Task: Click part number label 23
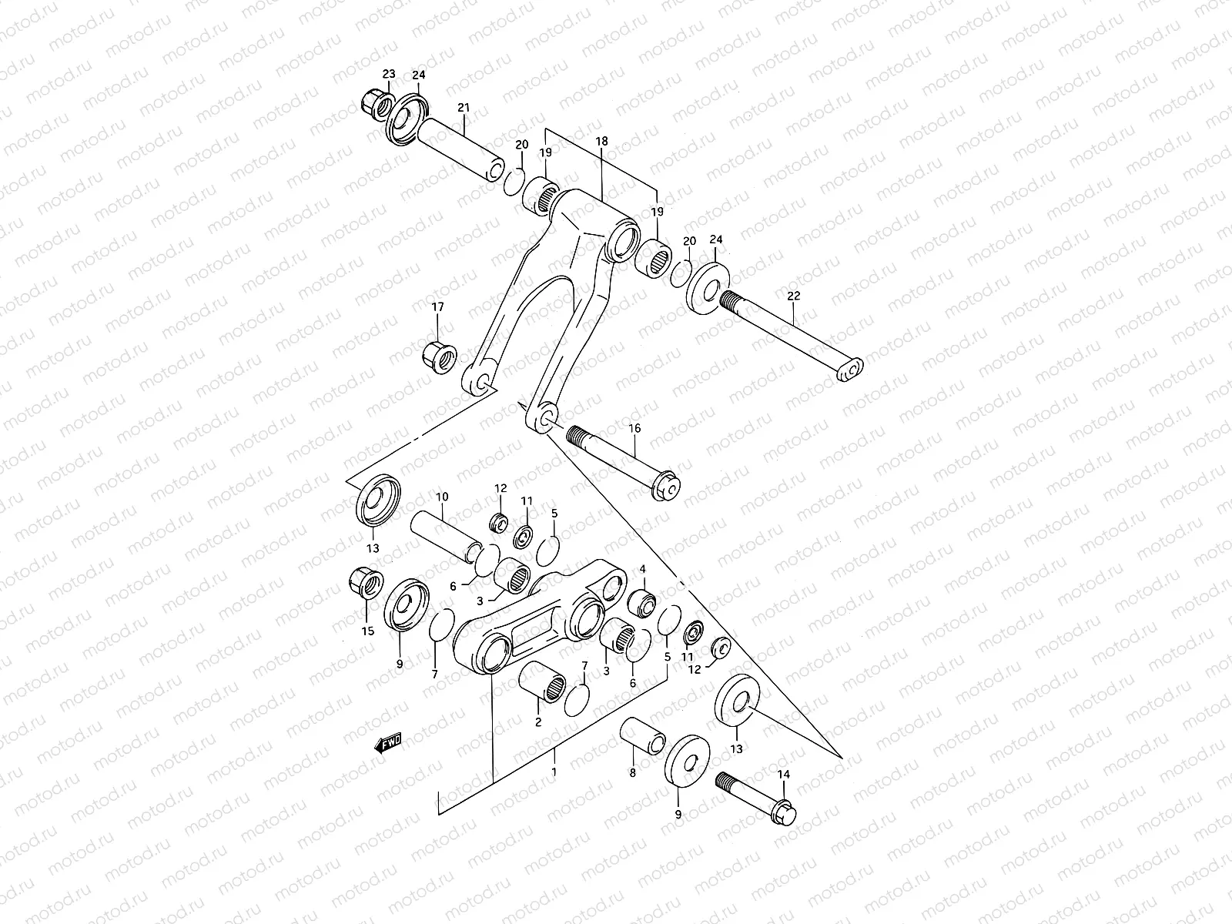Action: pyautogui.click(x=389, y=74)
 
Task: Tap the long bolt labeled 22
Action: pyautogui.click(x=793, y=333)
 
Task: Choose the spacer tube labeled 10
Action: pyautogui.click(x=446, y=533)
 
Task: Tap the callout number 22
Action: pyautogui.click(x=794, y=296)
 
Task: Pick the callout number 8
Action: pyautogui.click(x=633, y=772)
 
